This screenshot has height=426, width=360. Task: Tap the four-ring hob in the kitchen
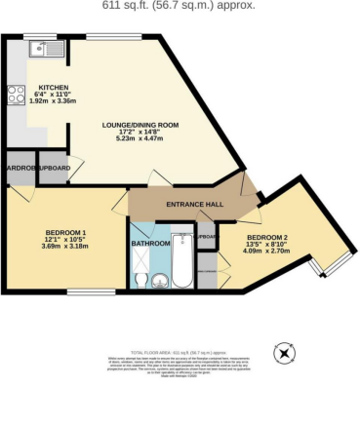pos(17,96)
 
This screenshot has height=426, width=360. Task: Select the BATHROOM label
pos(151,242)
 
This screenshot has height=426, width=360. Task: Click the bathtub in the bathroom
pos(182,261)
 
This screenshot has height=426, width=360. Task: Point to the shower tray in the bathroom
pos(140,262)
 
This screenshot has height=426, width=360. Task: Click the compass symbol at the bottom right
pos(284,352)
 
